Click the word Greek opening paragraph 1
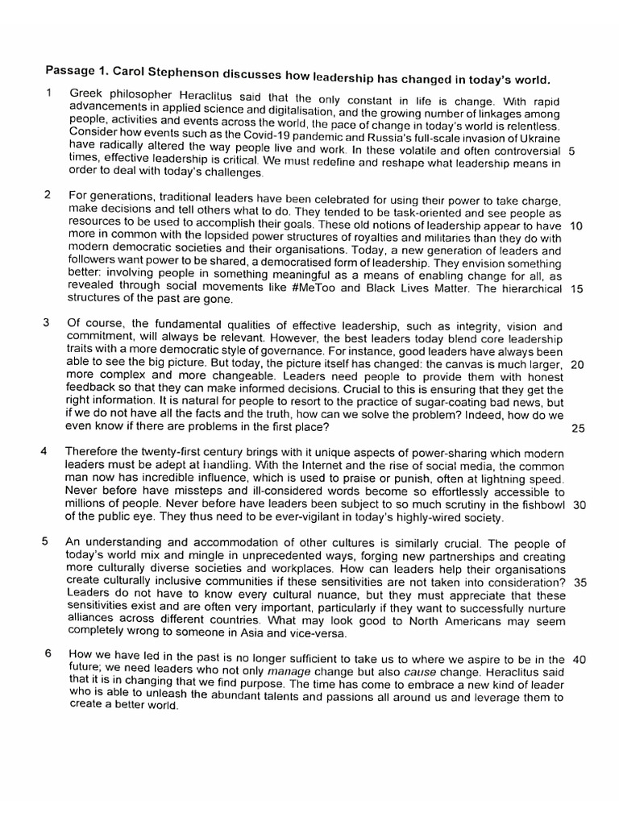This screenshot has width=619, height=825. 85,93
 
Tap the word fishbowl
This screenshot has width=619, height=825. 542,505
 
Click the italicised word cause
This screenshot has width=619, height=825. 421,671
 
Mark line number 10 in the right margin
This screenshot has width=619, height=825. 575,226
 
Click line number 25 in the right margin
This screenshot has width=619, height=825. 577,428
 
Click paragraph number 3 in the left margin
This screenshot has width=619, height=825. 47,323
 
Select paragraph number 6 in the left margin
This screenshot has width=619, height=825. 48,653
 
